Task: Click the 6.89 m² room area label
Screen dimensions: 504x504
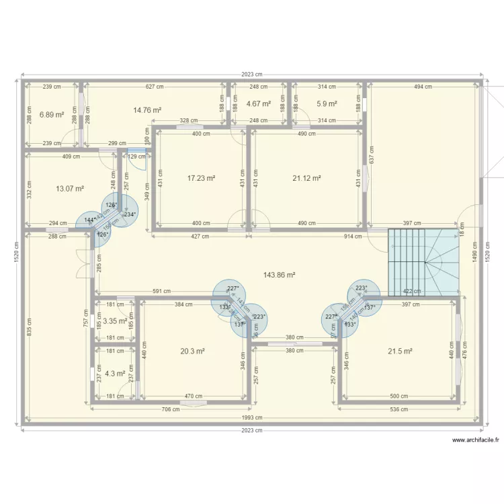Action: (51, 114)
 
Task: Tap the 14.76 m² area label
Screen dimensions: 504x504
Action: (147, 110)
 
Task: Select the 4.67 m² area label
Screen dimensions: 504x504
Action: (258, 104)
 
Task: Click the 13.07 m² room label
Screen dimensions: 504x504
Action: (71, 189)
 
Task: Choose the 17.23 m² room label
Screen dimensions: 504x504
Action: (201, 178)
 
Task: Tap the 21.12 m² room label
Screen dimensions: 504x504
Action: (306, 178)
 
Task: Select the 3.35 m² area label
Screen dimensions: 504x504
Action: (115, 321)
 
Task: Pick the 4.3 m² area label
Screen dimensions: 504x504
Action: (115, 373)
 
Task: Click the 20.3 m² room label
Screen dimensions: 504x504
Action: (192, 351)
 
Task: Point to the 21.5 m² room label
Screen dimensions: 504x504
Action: (400, 351)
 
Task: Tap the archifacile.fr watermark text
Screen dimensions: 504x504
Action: (476, 441)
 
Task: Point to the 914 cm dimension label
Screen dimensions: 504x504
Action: (351, 236)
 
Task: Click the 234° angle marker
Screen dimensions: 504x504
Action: (130, 215)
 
